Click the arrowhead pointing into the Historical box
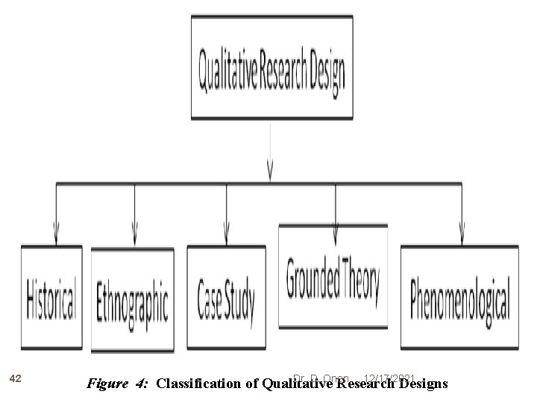click(x=56, y=229)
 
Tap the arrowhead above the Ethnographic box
click(x=134, y=229)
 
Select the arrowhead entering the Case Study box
click(x=225, y=229)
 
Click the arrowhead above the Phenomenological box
click(x=461, y=229)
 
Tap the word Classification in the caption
click(x=198, y=384)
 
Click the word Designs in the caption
click(x=424, y=384)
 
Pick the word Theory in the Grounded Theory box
click(x=360, y=277)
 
